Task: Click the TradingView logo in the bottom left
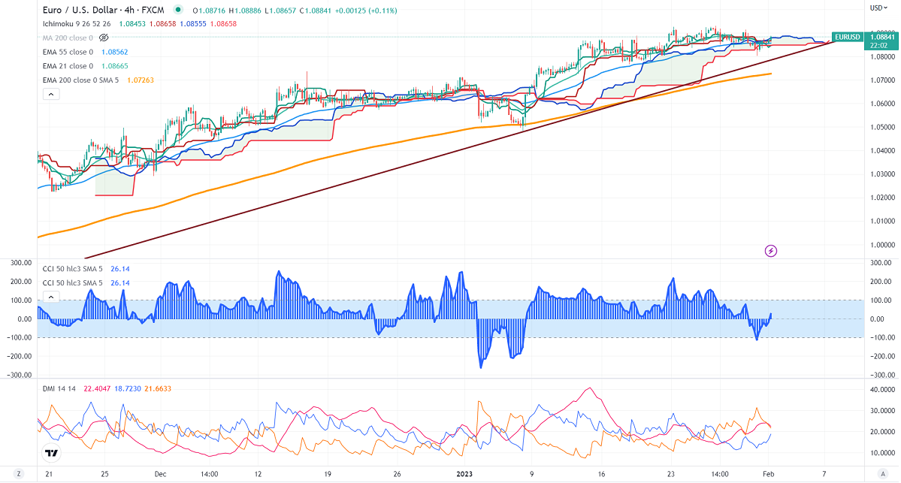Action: pos(51,453)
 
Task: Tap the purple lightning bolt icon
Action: pos(770,250)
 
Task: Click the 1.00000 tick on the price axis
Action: pos(881,245)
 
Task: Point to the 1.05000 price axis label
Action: pos(881,127)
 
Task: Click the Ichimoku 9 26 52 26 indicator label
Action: pos(77,24)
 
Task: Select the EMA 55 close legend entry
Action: pos(68,52)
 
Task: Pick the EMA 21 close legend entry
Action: pos(68,66)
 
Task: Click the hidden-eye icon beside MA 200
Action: pos(104,38)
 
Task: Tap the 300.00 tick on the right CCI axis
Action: pos(880,263)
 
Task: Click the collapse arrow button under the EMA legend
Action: pos(50,94)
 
